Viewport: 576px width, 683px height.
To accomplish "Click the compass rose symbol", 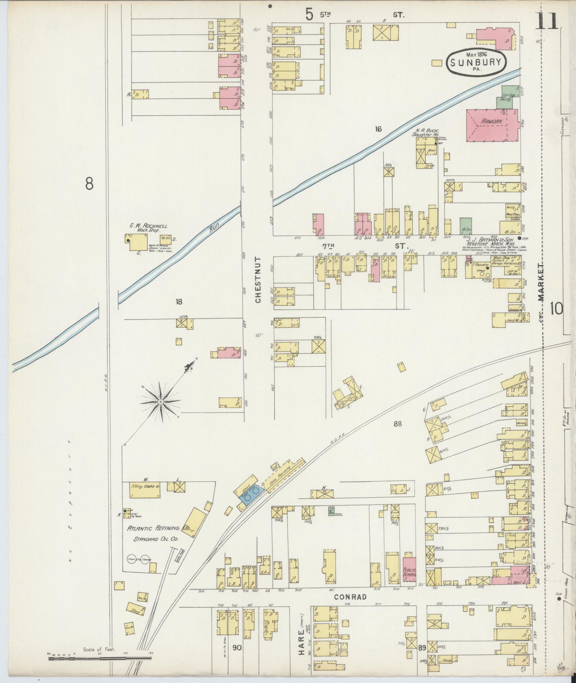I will (161, 402).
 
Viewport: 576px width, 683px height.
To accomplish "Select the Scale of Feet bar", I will (100, 656).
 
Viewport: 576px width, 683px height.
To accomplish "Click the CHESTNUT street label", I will (258, 279).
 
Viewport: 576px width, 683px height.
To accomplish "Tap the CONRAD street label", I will (350, 597).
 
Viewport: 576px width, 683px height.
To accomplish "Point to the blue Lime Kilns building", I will (252, 496).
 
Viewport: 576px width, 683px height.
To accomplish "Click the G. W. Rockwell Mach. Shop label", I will (148, 228).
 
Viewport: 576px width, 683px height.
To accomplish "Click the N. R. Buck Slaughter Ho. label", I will (427, 132).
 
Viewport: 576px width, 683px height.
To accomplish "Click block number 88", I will (397, 424).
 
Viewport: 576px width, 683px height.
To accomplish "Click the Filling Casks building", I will (144, 491).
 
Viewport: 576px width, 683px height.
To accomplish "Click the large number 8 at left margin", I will (89, 184).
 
